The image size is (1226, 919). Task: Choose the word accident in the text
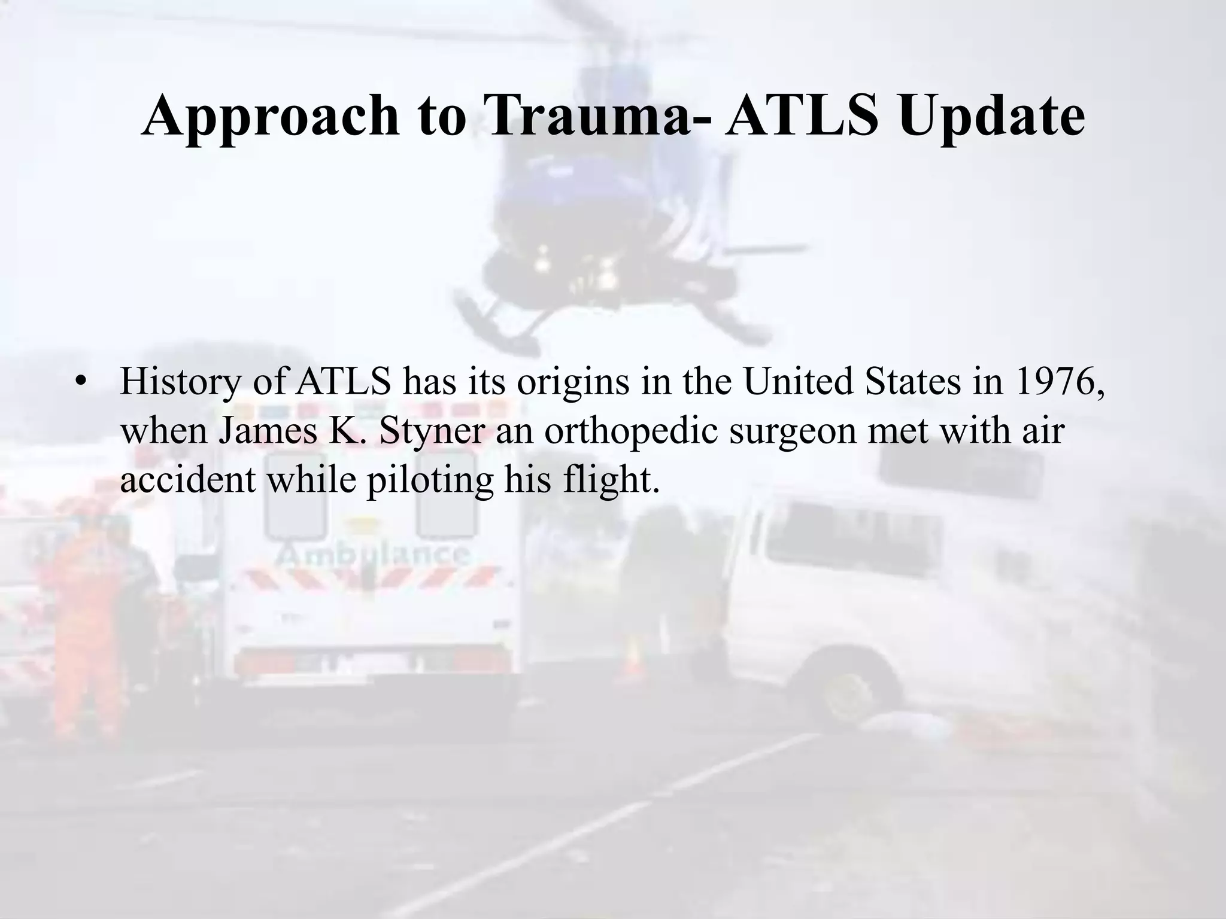[x=188, y=479]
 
